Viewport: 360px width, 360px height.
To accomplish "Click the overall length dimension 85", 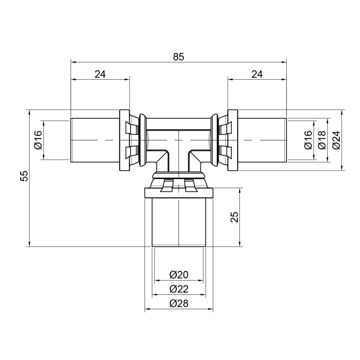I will (x=179, y=57).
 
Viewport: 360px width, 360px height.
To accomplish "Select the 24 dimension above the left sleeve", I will (x=100, y=75).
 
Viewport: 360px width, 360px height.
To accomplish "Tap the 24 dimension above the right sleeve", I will (x=256, y=75).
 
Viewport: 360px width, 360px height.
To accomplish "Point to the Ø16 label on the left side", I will (x=38, y=140).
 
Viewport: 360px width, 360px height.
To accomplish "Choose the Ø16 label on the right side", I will (x=308, y=140).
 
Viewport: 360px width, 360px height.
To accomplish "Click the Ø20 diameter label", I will (x=179, y=274).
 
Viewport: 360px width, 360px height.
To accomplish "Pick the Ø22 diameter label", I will (x=179, y=289).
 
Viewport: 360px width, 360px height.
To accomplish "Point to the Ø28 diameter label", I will (x=179, y=303).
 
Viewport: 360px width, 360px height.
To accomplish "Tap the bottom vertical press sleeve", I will (x=179, y=223).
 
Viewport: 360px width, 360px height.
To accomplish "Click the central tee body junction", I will (x=179, y=144).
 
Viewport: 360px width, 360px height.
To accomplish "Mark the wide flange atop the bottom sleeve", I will (x=179, y=193).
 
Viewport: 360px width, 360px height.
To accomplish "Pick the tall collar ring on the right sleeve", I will (x=233, y=140).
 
